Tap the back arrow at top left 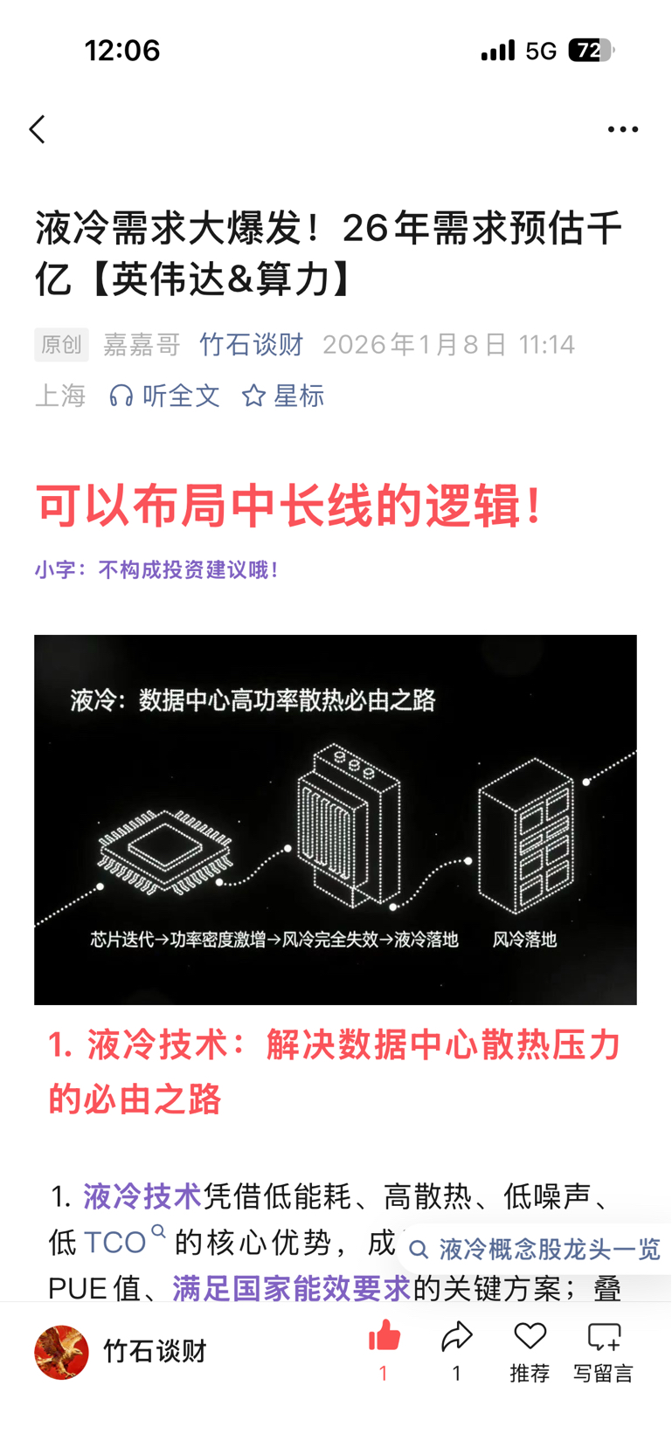[38, 129]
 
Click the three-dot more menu [623, 129]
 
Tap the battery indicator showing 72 [591, 50]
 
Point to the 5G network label [540, 51]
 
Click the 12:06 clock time [122, 50]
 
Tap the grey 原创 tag [61, 344]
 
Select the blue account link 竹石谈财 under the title [252, 344]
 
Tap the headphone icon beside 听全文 [121, 396]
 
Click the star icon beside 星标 [253, 396]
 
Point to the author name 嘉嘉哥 [142, 344]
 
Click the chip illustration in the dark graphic [165, 851]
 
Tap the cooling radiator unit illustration [349, 824]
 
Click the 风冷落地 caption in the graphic [524, 940]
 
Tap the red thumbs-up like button [384, 1337]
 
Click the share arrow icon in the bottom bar [457, 1336]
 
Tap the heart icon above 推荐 [530, 1336]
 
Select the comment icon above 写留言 [604, 1337]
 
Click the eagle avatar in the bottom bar [61, 1352]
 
